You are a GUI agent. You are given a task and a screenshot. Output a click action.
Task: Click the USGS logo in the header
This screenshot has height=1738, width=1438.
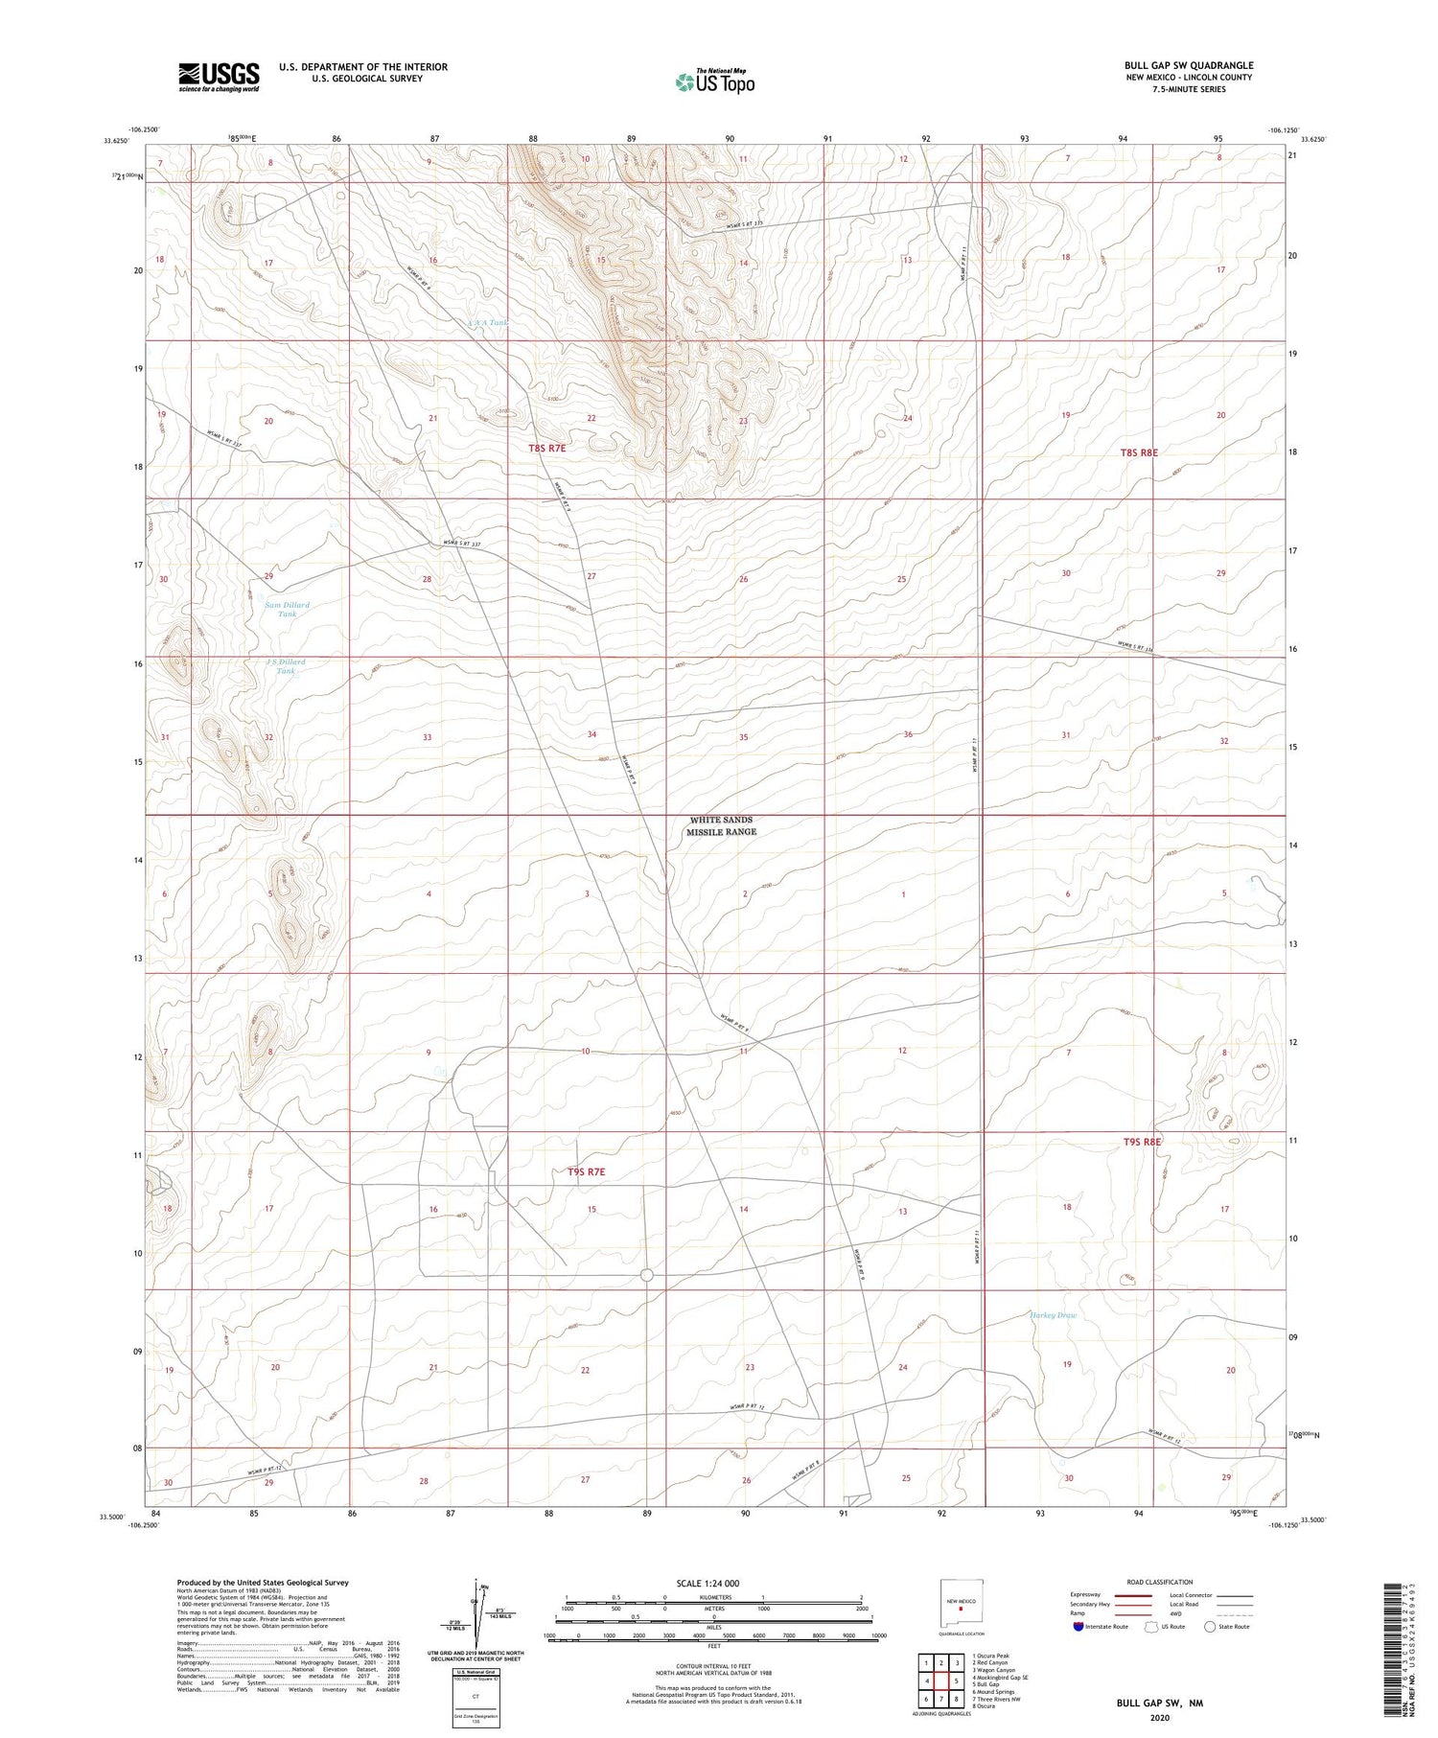click(219, 77)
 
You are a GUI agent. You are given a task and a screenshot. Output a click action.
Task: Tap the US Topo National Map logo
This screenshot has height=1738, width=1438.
click(715, 81)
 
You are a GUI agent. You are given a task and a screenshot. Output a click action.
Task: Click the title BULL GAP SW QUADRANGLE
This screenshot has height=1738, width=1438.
click(1188, 65)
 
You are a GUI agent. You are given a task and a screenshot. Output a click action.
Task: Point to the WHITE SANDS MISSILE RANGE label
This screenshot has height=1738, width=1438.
click(721, 826)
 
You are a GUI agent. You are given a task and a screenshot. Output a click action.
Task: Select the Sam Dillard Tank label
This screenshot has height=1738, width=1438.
click(288, 610)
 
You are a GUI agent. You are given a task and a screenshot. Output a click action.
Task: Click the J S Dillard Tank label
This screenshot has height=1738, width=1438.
click(286, 666)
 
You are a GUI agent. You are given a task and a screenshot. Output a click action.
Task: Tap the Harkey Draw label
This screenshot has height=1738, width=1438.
click(1054, 1315)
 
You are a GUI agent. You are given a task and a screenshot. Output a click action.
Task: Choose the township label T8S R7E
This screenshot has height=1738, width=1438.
click(554, 449)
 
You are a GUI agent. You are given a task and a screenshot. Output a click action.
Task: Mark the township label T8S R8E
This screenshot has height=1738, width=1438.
click(1139, 452)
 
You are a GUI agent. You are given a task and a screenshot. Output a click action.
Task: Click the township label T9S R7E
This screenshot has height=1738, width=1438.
click(586, 1171)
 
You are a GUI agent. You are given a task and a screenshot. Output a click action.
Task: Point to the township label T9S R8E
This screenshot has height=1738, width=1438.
click(1142, 1142)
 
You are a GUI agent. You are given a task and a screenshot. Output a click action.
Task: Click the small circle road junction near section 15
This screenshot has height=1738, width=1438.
click(646, 1275)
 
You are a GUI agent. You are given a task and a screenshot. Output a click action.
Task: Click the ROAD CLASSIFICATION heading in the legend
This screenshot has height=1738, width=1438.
click(1160, 1582)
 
